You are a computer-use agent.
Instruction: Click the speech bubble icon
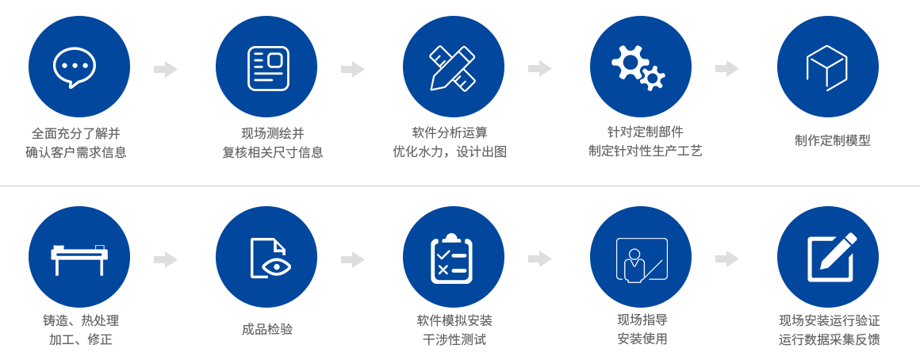(x=75, y=67)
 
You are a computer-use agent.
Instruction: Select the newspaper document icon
(x=267, y=68)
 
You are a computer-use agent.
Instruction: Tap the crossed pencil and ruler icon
(x=453, y=68)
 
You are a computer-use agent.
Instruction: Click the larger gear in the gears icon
(x=631, y=61)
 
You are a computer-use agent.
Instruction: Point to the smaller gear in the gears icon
(x=653, y=79)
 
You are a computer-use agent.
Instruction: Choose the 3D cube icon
(x=826, y=67)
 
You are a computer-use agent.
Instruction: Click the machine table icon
(x=79, y=258)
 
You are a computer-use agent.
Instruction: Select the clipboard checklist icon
(x=452, y=259)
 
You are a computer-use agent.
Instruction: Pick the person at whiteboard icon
(x=641, y=259)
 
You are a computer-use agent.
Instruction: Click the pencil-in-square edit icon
(x=830, y=258)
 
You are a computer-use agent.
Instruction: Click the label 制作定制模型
(x=832, y=140)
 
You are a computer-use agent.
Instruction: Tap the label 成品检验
(x=267, y=329)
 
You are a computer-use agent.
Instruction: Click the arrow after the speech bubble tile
(x=166, y=69)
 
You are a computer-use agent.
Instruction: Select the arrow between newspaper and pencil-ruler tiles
(x=353, y=69)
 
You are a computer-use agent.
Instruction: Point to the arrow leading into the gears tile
(x=540, y=68)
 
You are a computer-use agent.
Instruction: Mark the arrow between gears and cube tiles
(x=727, y=68)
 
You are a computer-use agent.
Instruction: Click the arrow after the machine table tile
(x=166, y=259)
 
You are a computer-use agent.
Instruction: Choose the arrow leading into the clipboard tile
(x=353, y=259)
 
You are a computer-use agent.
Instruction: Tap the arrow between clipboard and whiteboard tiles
(x=540, y=259)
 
